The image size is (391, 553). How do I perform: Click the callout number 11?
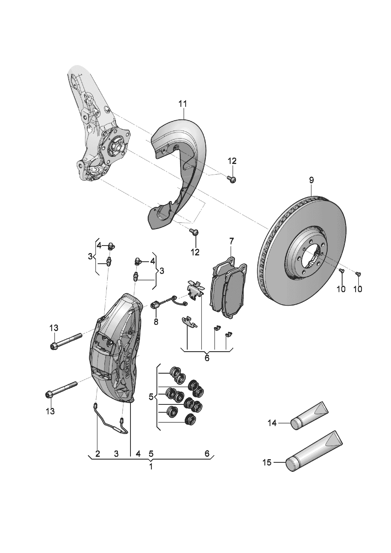[182, 104]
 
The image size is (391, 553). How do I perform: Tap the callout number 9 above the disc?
[311, 181]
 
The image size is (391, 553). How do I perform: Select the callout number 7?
[231, 240]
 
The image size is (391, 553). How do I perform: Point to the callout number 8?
[156, 322]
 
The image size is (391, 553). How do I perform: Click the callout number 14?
[272, 423]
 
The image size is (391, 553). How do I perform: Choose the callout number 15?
[267, 462]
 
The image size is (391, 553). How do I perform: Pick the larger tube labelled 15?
[313, 451]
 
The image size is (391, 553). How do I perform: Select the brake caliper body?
[114, 349]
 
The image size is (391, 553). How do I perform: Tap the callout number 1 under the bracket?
[151, 467]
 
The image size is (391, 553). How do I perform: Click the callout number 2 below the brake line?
[98, 454]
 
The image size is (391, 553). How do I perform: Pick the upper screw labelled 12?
[231, 179]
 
